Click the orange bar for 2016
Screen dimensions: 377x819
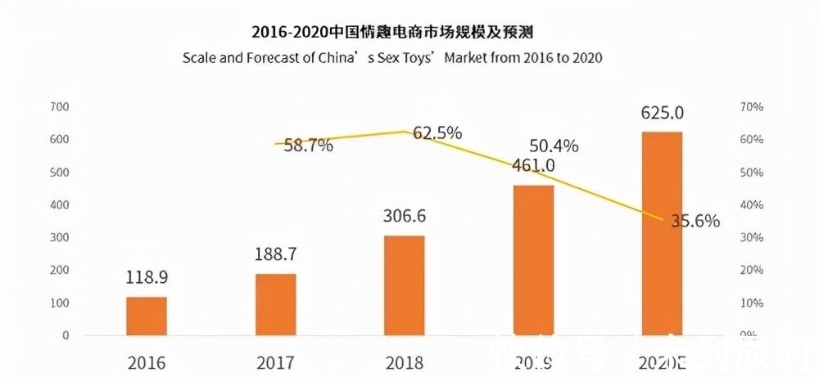(146, 316)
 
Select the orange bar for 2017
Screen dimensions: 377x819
(275, 304)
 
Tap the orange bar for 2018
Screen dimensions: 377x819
(405, 285)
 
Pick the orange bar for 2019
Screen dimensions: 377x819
(533, 260)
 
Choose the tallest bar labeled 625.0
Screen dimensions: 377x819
(663, 233)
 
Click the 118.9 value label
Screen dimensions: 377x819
(147, 279)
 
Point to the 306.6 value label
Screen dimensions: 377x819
(405, 217)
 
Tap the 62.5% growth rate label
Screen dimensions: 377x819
(437, 132)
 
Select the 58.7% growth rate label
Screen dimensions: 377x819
(308, 146)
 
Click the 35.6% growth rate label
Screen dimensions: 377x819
(695, 221)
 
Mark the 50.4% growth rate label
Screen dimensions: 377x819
(554, 146)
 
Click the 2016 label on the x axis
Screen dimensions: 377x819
(147, 362)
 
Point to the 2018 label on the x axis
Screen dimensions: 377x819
(405, 362)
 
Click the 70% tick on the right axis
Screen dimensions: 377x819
(751, 107)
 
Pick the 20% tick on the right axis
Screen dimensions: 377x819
(751, 271)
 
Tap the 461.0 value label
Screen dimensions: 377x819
(533, 166)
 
